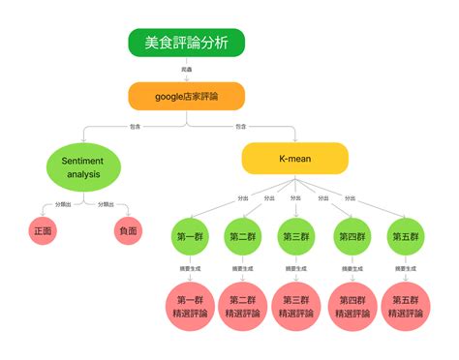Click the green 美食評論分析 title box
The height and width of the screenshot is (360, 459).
pos(186,42)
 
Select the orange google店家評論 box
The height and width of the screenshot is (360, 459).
pos(186,96)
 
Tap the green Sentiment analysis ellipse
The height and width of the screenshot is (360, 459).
pos(83,166)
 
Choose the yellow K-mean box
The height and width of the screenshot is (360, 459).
pos(294,158)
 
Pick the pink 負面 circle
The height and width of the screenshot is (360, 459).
pos(128,231)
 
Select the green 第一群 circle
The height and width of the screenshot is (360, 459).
pos(189,237)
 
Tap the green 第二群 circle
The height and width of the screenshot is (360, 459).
pos(243,237)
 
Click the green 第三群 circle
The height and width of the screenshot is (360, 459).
pos(296,237)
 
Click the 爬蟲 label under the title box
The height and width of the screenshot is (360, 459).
pos(186,70)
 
